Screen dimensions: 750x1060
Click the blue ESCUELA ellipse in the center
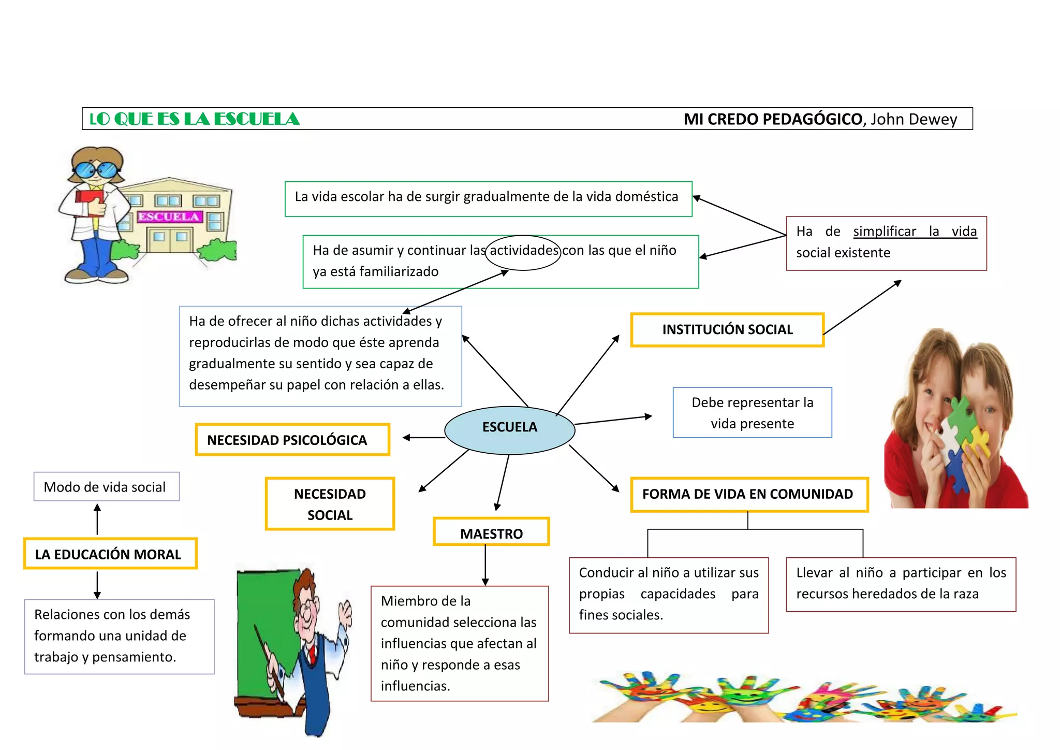[x=509, y=430]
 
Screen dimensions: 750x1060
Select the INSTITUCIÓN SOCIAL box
[x=727, y=329]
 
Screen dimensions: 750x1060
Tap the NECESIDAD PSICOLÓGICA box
[x=292, y=440]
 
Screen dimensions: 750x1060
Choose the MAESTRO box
[x=491, y=532]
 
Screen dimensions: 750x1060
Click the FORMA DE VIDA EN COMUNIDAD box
[x=748, y=494]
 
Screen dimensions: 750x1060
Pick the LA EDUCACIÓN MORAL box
[x=110, y=554]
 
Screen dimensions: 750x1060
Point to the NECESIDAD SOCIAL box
[x=330, y=504]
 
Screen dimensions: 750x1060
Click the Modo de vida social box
[x=106, y=486]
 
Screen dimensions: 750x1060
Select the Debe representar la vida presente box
[x=752, y=413]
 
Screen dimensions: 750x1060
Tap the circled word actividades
[x=523, y=251]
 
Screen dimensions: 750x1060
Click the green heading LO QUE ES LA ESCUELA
[x=195, y=119]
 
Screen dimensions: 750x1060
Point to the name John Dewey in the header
[x=914, y=119]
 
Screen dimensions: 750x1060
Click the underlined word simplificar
[x=885, y=232]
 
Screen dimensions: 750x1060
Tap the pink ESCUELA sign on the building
[x=169, y=217]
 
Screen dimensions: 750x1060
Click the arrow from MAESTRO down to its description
[x=485, y=565]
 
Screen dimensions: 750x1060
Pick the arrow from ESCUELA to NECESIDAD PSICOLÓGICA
[x=423, y=438]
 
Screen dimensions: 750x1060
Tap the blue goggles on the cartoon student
[x=95, y=170]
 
